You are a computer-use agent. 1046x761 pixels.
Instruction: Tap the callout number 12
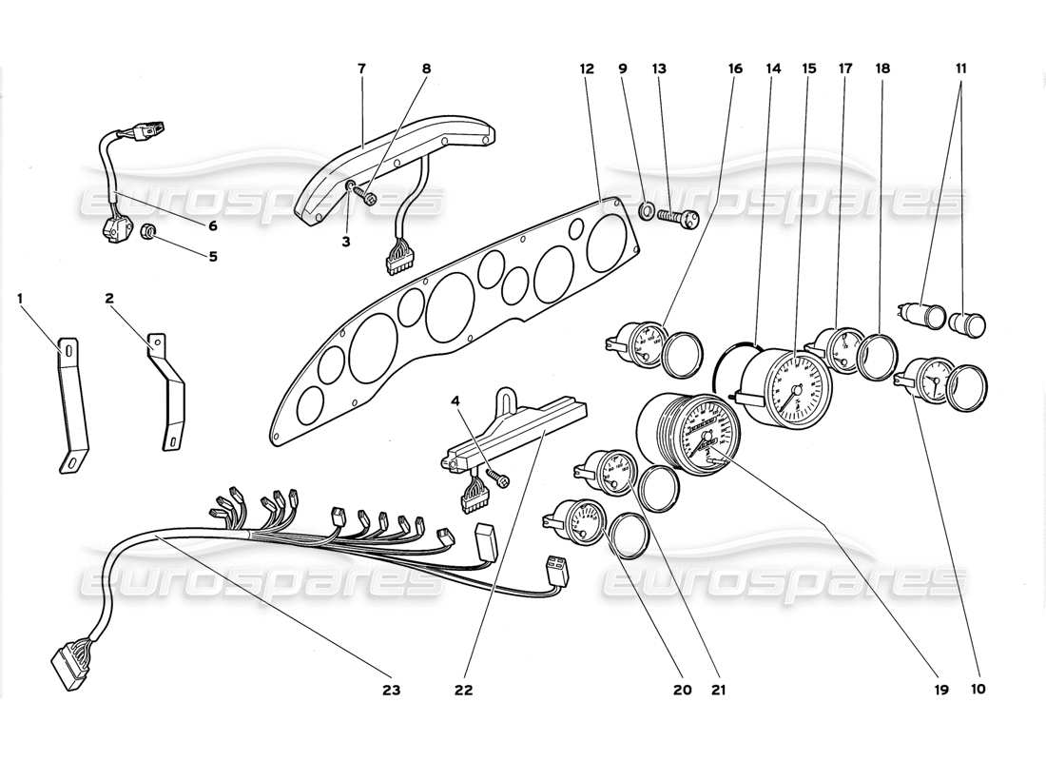(587, 69)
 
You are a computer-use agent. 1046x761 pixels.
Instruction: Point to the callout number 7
(362, 69)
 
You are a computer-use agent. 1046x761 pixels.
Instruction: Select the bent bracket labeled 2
(168, 390)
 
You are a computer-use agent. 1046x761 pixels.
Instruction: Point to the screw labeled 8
(365, 197)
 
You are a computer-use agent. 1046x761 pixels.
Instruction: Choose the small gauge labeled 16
(635, 344)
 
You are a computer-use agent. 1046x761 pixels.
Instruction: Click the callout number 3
(346, 243)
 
